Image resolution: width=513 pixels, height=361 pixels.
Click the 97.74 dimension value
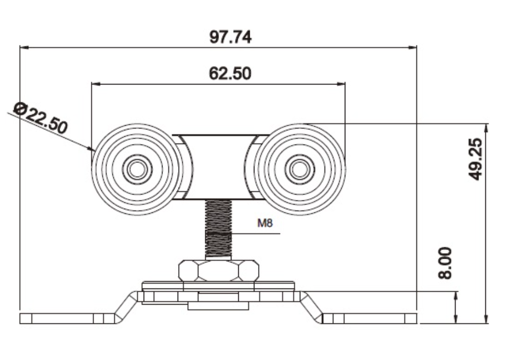point(230,37)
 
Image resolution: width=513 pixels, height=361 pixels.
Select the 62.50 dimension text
point(230,73)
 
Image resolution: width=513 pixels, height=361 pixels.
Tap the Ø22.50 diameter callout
point(41,119)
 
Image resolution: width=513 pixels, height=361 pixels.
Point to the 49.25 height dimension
point(474,159)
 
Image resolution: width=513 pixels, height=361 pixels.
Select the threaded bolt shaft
point(218,230)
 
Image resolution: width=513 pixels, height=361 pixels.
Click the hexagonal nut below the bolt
point(219,270)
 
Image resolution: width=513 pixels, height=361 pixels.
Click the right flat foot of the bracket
point(371,318)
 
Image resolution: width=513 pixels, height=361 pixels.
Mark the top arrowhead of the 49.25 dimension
point(486,127)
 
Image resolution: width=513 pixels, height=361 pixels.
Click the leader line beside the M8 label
point(256,233)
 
